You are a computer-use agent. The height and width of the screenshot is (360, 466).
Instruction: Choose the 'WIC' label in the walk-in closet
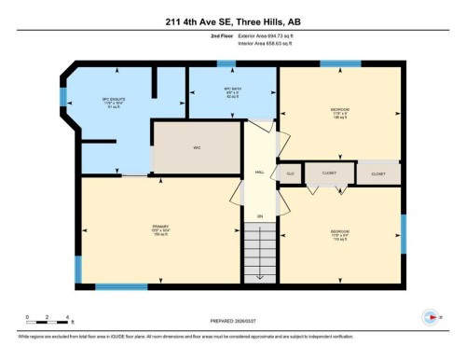197,148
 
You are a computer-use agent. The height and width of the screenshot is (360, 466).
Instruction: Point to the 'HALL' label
260,172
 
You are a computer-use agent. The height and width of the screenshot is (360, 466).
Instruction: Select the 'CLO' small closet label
290,173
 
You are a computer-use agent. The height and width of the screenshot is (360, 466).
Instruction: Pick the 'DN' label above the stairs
260,216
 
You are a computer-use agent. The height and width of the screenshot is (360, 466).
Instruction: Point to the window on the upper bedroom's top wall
340,64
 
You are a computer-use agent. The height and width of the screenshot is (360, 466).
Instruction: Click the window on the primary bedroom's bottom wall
121,286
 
